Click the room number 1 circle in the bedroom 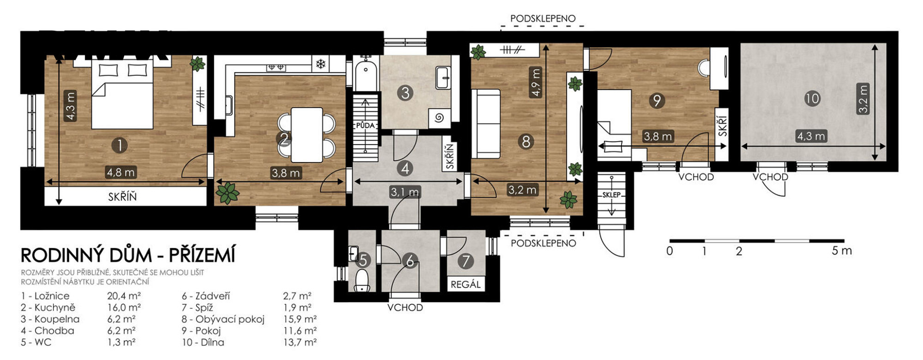click(x=120, y=145)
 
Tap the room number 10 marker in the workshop click(x=812, y=98)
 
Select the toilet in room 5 click(x=362, y=281)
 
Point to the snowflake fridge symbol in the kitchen click(x=320, y=64)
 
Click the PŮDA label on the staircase click(x=365, y=125)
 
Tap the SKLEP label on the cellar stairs click(x=611, y=195)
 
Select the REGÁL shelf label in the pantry click(x=465, y=284)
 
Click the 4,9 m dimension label click(x=536, y=82)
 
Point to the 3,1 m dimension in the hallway click(x=405, y=192)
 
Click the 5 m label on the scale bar click(x=842, y=251)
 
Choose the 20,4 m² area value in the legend click(x=124, y=296)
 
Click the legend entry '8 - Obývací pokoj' click(x=223, y=319)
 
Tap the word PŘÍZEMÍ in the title click(x=202, y=255)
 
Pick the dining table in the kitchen click(x=307, y=134)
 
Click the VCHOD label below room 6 click(x=405, y=307)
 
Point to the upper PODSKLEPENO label click(x=543, y=18)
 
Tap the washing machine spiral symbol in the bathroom click(x=439, y=118)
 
